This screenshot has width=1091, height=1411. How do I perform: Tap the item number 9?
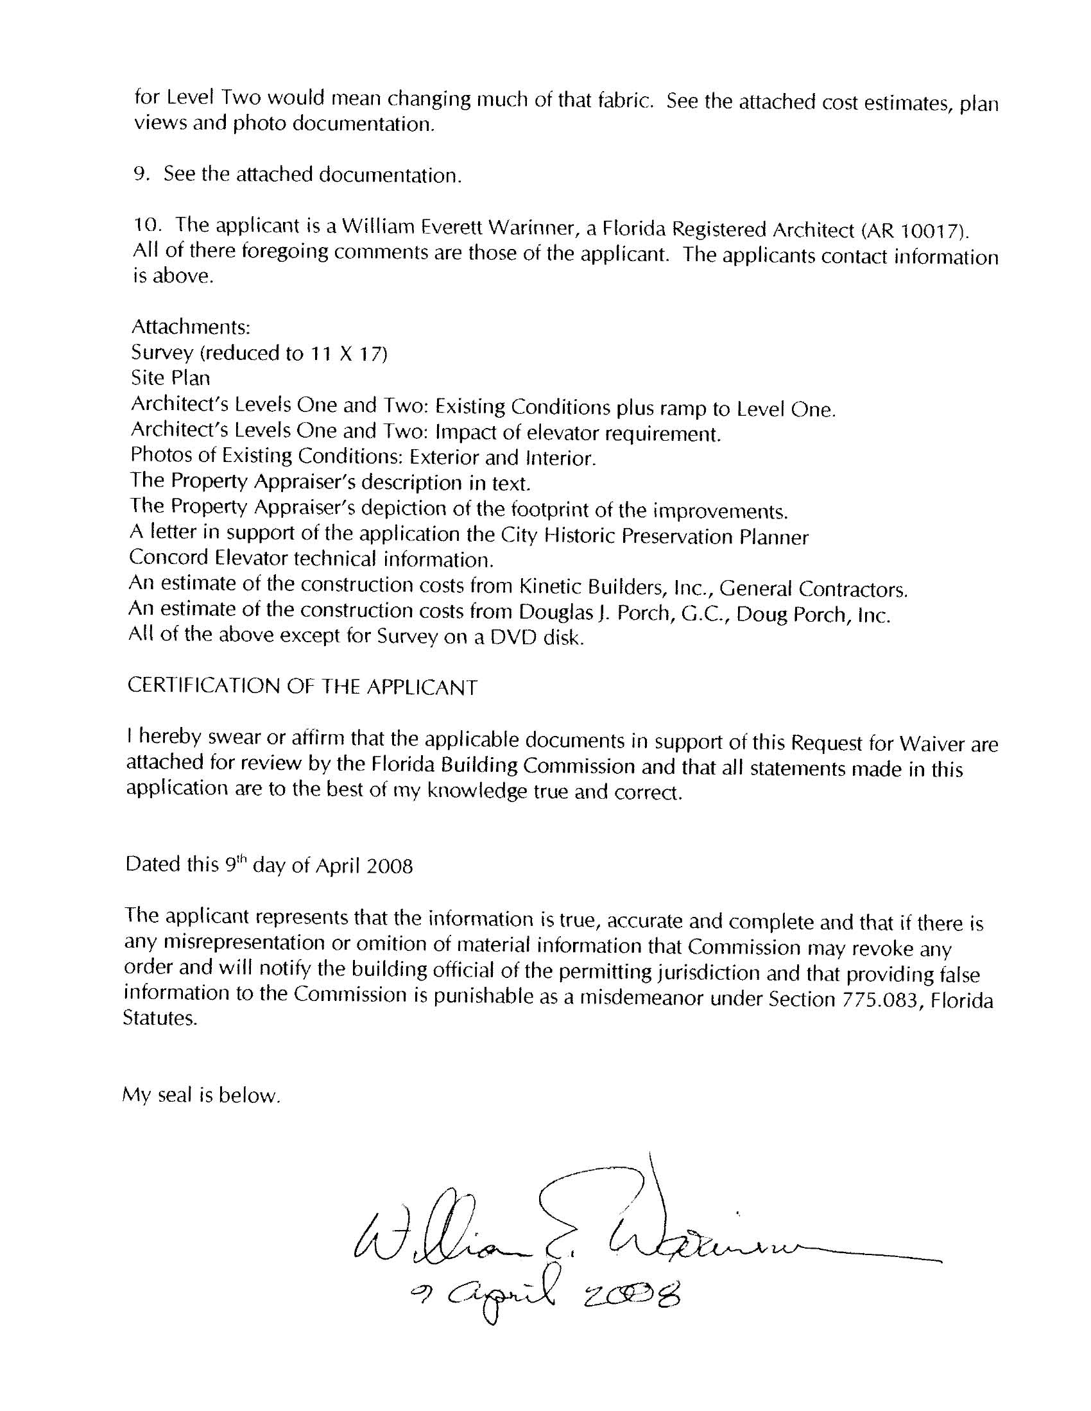coord(141,175)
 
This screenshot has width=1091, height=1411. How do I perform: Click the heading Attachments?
coord(190,327)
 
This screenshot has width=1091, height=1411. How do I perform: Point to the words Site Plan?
coord(170,378)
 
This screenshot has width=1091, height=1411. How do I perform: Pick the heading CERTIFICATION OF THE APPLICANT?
coord(302,686)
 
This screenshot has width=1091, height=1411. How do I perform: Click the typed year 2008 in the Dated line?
coord(389,866)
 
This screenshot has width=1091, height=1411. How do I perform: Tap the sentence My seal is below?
coord(201,1095)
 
